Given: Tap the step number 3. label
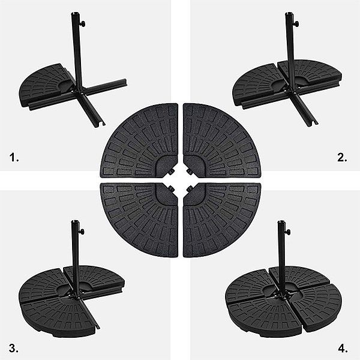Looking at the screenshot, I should pyautogui.click(x=14, y=347).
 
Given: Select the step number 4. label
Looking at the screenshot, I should pyautogui.click(x=343, y=347).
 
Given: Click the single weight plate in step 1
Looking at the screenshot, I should pyautogui.click(x=45, y=84).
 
